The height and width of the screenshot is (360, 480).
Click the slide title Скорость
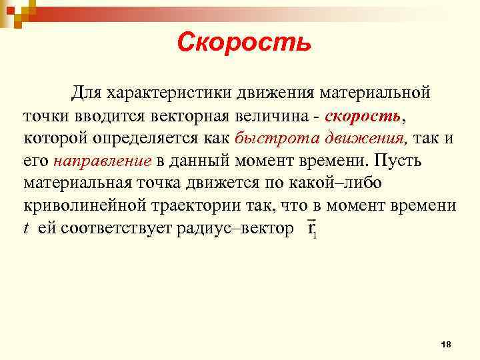pyautogui.click(x=244, y=43)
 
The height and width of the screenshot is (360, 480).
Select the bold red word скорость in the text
pyautogui.click(x=363, y=115)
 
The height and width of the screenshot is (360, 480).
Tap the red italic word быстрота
pyautogui.click(x=266, y=138)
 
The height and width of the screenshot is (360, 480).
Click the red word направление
pyautogui.click(x=103, y=161)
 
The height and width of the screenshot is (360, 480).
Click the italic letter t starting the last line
pyautogui.click(x=26, y=229)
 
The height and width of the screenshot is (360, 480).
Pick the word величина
pyautogui.click(x=274, y=115)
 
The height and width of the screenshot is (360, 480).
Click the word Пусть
pyautogui.click(x=403, y=161)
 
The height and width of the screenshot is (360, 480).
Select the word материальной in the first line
pyautogui.click(x=377, y=92)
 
